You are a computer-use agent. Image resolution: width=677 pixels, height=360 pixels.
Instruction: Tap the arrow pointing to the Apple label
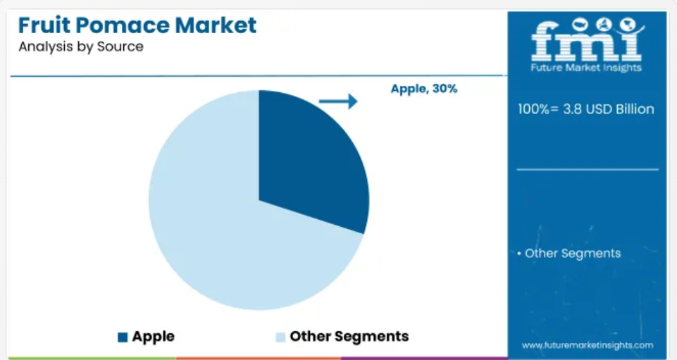coord(338,101)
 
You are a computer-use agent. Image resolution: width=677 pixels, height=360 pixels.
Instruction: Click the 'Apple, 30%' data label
coord(424,89)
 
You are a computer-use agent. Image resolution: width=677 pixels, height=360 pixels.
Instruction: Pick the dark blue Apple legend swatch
coord(123,337)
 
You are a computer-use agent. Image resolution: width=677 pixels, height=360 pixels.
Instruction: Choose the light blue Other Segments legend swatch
coord(280,337)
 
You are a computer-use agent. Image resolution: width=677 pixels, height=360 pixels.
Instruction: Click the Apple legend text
coord(154,336)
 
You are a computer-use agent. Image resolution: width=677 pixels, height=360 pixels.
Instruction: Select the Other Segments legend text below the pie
coord(349,336)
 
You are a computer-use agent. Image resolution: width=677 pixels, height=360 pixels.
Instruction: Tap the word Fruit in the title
coord(44,25)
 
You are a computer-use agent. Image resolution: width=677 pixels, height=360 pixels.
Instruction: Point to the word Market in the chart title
coord(216,25)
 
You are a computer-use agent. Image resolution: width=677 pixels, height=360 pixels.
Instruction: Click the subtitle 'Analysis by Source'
coord(81,46)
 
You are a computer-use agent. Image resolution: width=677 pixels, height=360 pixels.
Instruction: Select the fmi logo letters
coord(587,39)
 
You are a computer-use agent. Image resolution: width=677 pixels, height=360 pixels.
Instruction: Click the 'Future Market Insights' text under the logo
coord(586,68)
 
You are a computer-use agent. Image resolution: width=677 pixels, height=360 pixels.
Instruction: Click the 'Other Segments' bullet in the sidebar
coord(569,254)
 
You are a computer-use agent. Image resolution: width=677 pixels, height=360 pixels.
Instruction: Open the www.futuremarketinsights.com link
coord(588,345)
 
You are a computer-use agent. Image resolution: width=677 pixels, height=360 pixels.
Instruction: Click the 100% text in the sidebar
coord(534,108)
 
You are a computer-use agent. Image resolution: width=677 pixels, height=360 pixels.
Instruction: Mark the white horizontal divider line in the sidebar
coord(588,170)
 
